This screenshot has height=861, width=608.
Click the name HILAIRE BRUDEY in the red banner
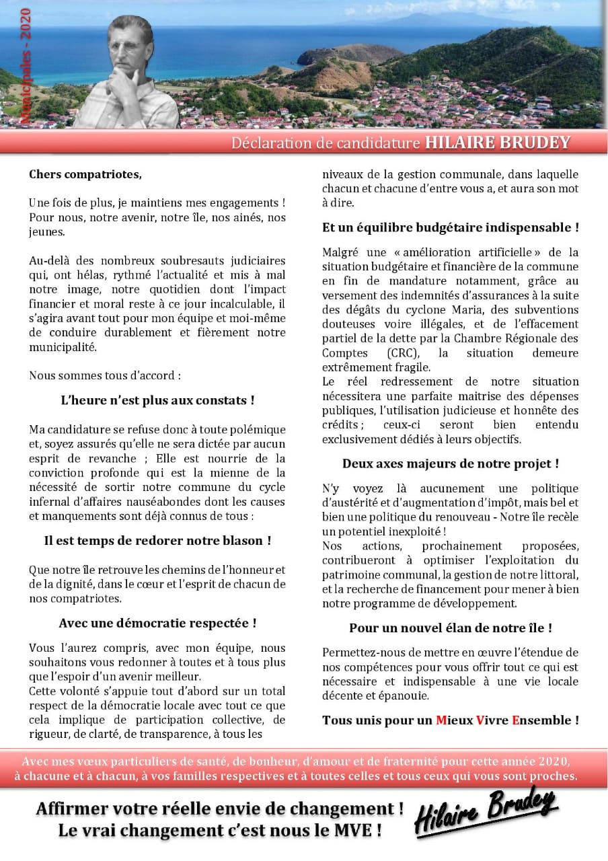[x=497, y=143]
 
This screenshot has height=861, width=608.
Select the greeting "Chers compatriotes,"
[x=85, y=174]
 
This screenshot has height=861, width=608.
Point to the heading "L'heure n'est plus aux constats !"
[x=157, y=400]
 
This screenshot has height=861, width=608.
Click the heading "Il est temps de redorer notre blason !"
[x=157, y=540]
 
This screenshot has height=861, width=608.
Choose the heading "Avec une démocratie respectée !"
[x=157, y=623]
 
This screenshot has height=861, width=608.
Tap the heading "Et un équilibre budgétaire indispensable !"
[x=450, y=227]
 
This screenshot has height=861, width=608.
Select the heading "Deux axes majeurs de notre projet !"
[x=450, y=463]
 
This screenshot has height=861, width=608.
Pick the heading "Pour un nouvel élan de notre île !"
[x=450, y=628]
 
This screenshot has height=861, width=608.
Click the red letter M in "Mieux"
[x=441, y=720]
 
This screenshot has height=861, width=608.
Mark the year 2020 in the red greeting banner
[x=554, y=761]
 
